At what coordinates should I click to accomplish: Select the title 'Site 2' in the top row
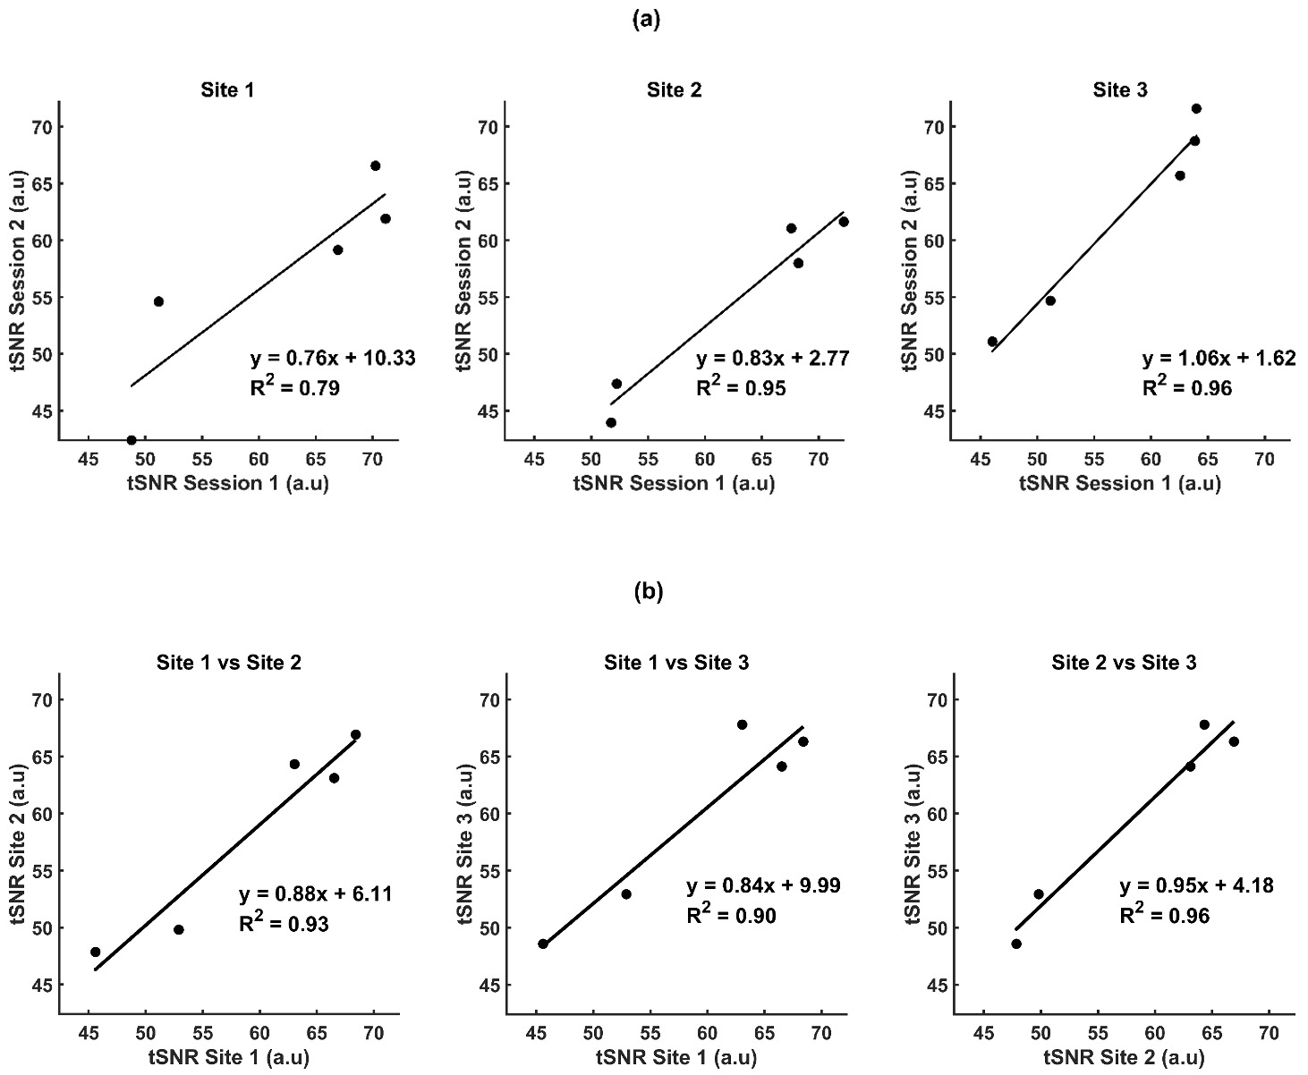(x=675, y=89)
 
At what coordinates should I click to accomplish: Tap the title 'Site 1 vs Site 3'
(x=676, y=663)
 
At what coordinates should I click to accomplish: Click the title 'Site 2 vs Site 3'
(x=1124, y=663)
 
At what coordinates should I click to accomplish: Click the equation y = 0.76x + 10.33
(x=333, y=360)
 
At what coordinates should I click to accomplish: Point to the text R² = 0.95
(x=741, y=388)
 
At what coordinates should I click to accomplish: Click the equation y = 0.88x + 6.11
(x=316, y=894)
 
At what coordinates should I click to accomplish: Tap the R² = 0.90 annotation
(x=731, y=915)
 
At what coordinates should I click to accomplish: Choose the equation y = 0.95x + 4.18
(x=1196, y=886)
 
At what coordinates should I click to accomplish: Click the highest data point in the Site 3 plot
(x=1195, y=109)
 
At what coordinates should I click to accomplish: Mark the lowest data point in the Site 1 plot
(x=132, y=439)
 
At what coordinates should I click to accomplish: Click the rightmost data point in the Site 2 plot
(x=843, y=222)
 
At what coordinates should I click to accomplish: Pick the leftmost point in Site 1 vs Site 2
(x=96, y=952)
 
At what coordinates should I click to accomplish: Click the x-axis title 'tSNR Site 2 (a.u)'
(x=1124, y=1058)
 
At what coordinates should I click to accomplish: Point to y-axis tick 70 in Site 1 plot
(x=44, y=127)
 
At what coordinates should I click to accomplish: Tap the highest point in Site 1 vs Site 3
(x=742, y=724)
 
